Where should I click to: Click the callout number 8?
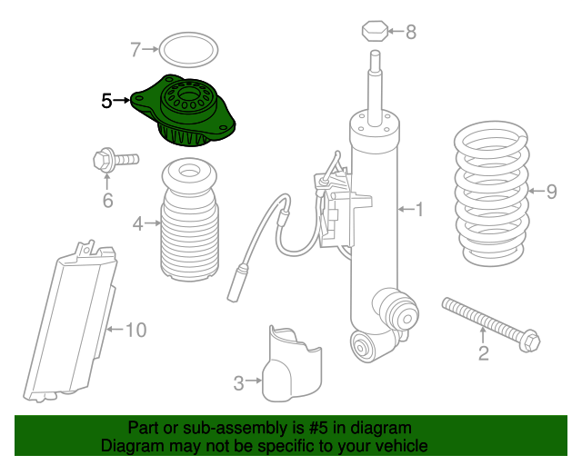pyautogui.click(x=411, y=32)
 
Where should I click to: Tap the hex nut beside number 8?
pyautogui.click(x=375, y=31)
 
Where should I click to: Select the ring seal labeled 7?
pyautogui.click(x=188, y=50)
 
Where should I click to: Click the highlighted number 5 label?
pyautogui.click(x=106, y=101)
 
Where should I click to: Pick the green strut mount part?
pyautogui.click(x=183, y=110)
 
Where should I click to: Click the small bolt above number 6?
pyautogui.click(x=115, y=160)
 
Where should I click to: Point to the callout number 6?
pyautogui.click(x=107, y=201)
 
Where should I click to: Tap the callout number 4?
pyautogui.click(x=138, y=223)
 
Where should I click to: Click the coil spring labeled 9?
pyautogui.click(x=492, y=193)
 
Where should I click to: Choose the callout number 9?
pyautogui.click(x=552, y=192)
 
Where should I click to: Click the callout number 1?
pyautogui.click(x=419, y=210)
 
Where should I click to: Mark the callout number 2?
pyautogui.click(x=483, y=353)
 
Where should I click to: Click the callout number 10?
pyautogui.click(x=136, y=330)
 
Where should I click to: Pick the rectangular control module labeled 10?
pyautogui.click(x=70, y=322)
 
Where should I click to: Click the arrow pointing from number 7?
pyautogui.click(x=150, y=49)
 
